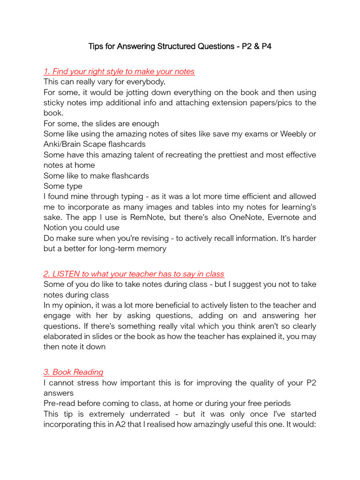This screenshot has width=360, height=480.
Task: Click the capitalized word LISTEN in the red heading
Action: point(67,274)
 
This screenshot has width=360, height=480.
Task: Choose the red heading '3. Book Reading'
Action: point(74,372)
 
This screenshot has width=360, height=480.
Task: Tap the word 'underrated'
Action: point(145,414)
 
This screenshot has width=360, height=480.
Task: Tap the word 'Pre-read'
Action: point(59,404)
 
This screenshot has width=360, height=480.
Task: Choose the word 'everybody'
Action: point(142,82)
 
